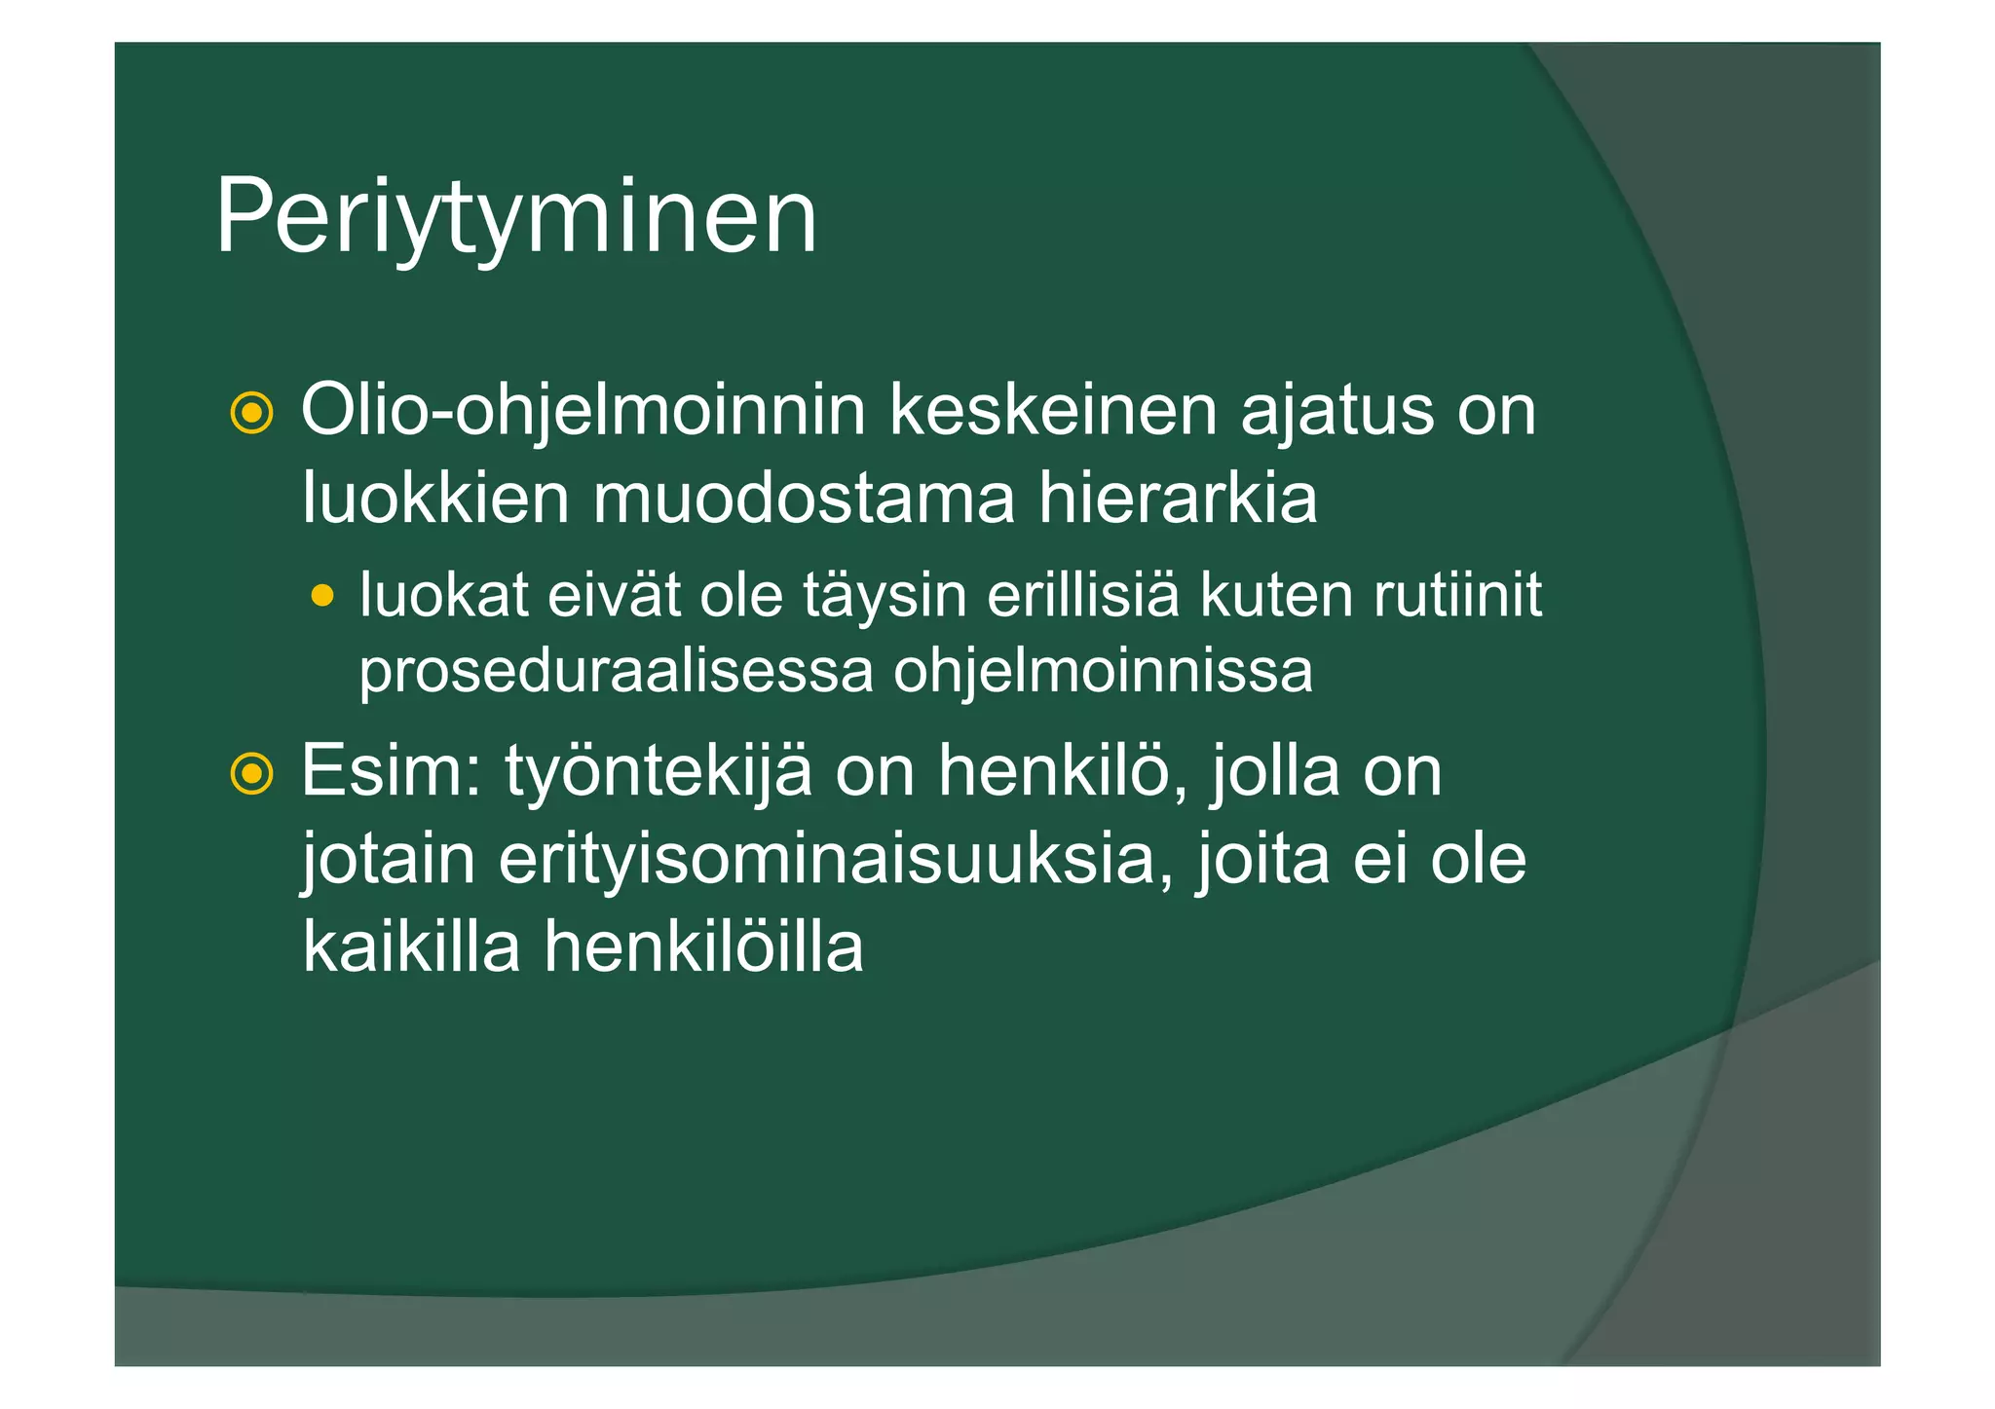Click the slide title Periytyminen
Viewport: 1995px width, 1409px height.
coord(515,218)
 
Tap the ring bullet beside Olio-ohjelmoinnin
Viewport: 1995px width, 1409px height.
coord(251,413)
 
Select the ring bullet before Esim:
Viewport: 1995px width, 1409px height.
coord(251,774)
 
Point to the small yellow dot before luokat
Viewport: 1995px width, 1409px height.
coord(322,595)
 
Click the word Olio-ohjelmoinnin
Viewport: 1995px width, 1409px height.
coord(583,413)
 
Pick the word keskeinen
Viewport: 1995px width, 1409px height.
coord(1052,411)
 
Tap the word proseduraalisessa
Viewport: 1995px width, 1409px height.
coord(616,672)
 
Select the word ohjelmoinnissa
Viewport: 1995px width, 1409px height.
coord(1103,672)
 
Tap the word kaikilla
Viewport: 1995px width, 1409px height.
coord(411,946)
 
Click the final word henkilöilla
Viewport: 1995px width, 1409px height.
coord(703,946)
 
